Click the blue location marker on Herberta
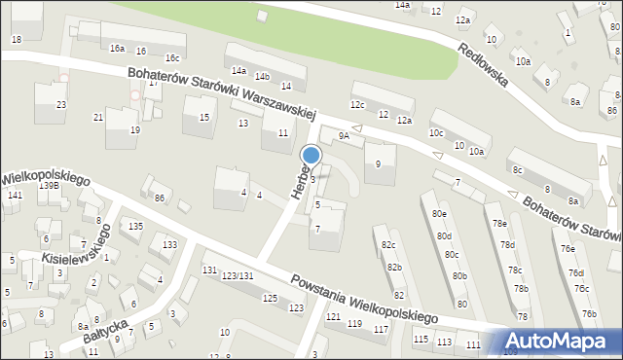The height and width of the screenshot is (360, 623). [311, 156]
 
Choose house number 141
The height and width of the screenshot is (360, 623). [14, 196]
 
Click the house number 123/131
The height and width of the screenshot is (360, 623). [238, 277]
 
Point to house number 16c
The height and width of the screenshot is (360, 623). [172, 58]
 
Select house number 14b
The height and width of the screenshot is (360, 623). [261, 76]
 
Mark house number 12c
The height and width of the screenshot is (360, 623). [357, 104]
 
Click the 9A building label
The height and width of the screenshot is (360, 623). [343, 135]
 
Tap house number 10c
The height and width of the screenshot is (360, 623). [436, 132]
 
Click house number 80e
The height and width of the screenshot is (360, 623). [441, 213]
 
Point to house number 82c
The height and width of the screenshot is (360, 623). [388, 244]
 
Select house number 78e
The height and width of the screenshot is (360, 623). [499, 224]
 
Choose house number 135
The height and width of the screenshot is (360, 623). [135, 226]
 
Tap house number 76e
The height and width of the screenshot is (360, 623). [568, 248]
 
